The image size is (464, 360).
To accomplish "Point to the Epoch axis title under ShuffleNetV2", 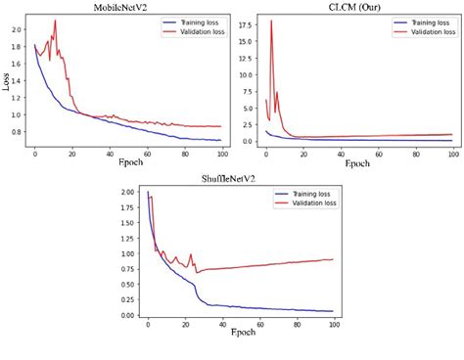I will pos(241,333).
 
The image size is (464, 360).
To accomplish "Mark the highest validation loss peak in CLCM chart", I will pos(271,21).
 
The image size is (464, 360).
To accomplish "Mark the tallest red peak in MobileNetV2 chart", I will pos(55,21).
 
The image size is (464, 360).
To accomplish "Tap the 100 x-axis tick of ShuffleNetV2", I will pos(332,323).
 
